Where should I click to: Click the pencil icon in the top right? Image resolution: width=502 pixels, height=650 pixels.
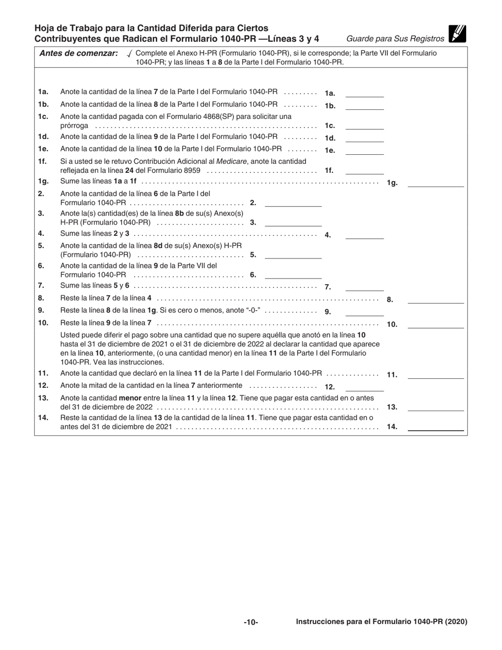click(457, 34)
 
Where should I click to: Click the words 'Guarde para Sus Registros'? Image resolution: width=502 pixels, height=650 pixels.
click(395, 39)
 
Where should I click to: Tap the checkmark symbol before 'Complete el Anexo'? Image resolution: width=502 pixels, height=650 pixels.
click(129, 54)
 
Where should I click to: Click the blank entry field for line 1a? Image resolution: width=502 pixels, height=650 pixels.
click(364, 93)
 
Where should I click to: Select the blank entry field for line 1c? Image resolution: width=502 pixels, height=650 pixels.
click(364, 126)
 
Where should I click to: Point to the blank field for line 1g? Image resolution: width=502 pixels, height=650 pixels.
click(435, 183)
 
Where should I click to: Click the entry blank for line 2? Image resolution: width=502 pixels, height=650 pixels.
click(293, 202)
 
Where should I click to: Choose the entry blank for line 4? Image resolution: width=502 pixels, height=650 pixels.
click(364, 235)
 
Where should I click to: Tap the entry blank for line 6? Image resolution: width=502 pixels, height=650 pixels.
click(293, 275)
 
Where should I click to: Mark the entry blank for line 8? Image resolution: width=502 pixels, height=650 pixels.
click(435, 299)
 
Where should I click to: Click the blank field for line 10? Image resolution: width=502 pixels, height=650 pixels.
click(435, 324)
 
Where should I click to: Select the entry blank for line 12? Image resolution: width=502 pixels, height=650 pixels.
click(364, 387)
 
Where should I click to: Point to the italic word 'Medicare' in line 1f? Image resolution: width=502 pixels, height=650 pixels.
click(233, 161)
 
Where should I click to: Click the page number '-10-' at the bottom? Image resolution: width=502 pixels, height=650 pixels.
click(251, 623)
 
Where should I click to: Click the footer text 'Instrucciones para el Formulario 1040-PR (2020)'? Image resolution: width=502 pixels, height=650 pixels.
click(382, 622)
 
